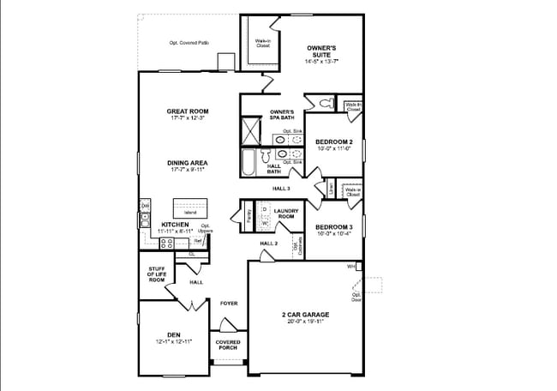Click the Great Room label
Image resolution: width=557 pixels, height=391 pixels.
pyautogui.click(x=187, y=111)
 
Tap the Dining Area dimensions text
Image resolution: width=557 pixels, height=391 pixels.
pyautogui.click(x=189, y=170)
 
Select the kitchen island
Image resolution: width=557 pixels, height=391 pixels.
pyautogui.click(x=190, y=208)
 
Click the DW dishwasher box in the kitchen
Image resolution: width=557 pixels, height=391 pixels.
pyautogui.click(x=145, y=206)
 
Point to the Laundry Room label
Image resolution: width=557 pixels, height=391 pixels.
pyautogui.click(x=285, y=213)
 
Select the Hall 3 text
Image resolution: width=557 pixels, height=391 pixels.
pyautogui.click(x=281, y=188)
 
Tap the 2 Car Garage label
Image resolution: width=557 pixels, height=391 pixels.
pyautogui.click(x=305, y=315)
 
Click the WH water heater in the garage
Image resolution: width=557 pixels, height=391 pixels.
pyautogui.click(x=350, y=268)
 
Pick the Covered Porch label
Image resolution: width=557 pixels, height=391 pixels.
pyautogui.click(x=227, y=345)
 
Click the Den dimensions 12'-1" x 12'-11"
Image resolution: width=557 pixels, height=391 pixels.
pyautogui.click(x=174, y=341)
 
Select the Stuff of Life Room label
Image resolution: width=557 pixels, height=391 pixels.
pyautogui.click(x=156, y=274)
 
